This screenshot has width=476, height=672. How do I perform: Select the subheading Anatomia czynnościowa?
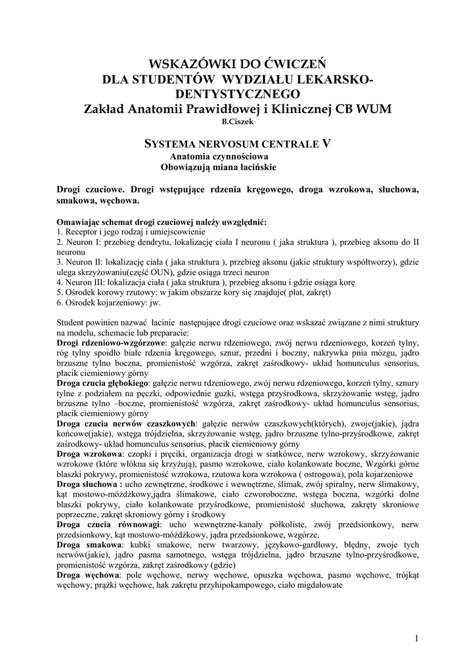tap(219, 157)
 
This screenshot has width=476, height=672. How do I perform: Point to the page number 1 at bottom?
tap(417, 639)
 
